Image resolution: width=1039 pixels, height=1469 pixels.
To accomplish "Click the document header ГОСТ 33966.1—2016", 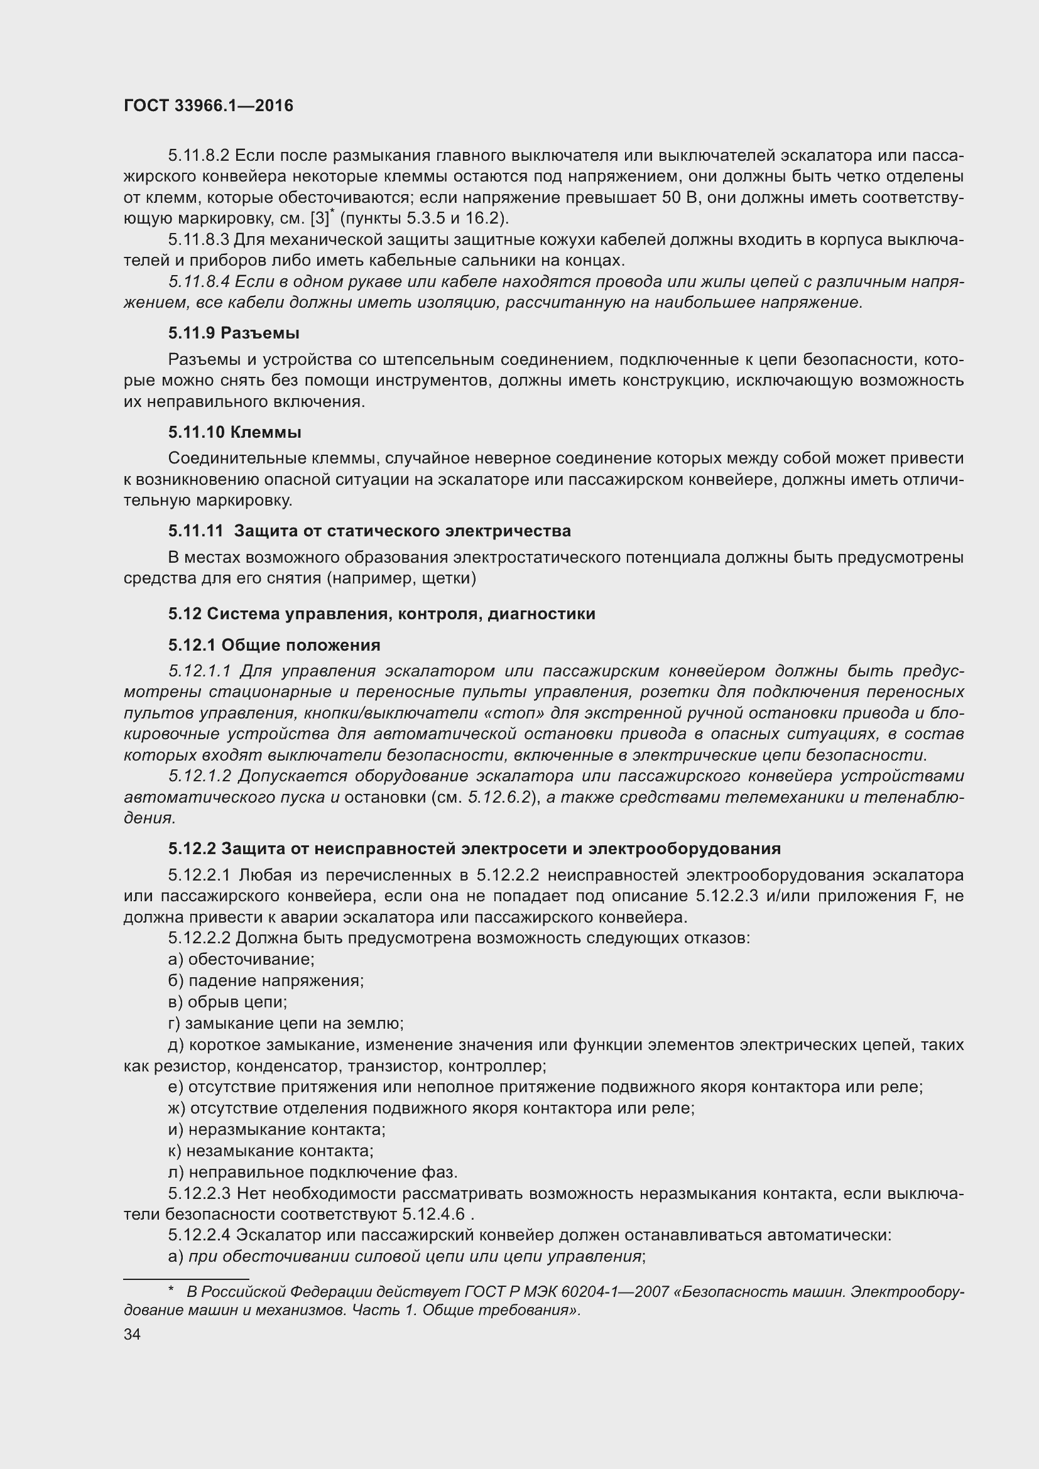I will (208, 106).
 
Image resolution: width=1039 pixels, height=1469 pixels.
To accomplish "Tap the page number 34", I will (132, 1334).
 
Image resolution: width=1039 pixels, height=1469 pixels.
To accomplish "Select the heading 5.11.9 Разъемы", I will (234, 333).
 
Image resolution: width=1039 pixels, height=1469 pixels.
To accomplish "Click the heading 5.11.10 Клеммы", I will (235, 432).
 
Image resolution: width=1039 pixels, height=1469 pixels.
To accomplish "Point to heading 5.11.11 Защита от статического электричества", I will (369, 531).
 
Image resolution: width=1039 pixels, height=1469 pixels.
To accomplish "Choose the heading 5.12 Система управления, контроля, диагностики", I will (381, 614).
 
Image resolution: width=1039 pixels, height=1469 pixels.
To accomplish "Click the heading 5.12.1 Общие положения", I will (274, 645).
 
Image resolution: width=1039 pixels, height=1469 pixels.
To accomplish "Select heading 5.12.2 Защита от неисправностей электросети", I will (474, 848).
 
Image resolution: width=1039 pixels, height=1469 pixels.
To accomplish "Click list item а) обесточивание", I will (241, 959).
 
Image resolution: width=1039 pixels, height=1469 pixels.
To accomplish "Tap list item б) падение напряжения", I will (266, 980).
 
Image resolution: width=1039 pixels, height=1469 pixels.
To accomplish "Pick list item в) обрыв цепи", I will (227, 1001).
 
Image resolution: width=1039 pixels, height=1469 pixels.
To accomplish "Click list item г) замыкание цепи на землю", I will (285, 1023).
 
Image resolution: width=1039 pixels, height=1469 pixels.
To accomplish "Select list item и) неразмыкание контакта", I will (276, 1129).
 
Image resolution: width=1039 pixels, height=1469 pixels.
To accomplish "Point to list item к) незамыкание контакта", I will (271, 1151).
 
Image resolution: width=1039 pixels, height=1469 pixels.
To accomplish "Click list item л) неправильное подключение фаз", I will (313, 1172).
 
